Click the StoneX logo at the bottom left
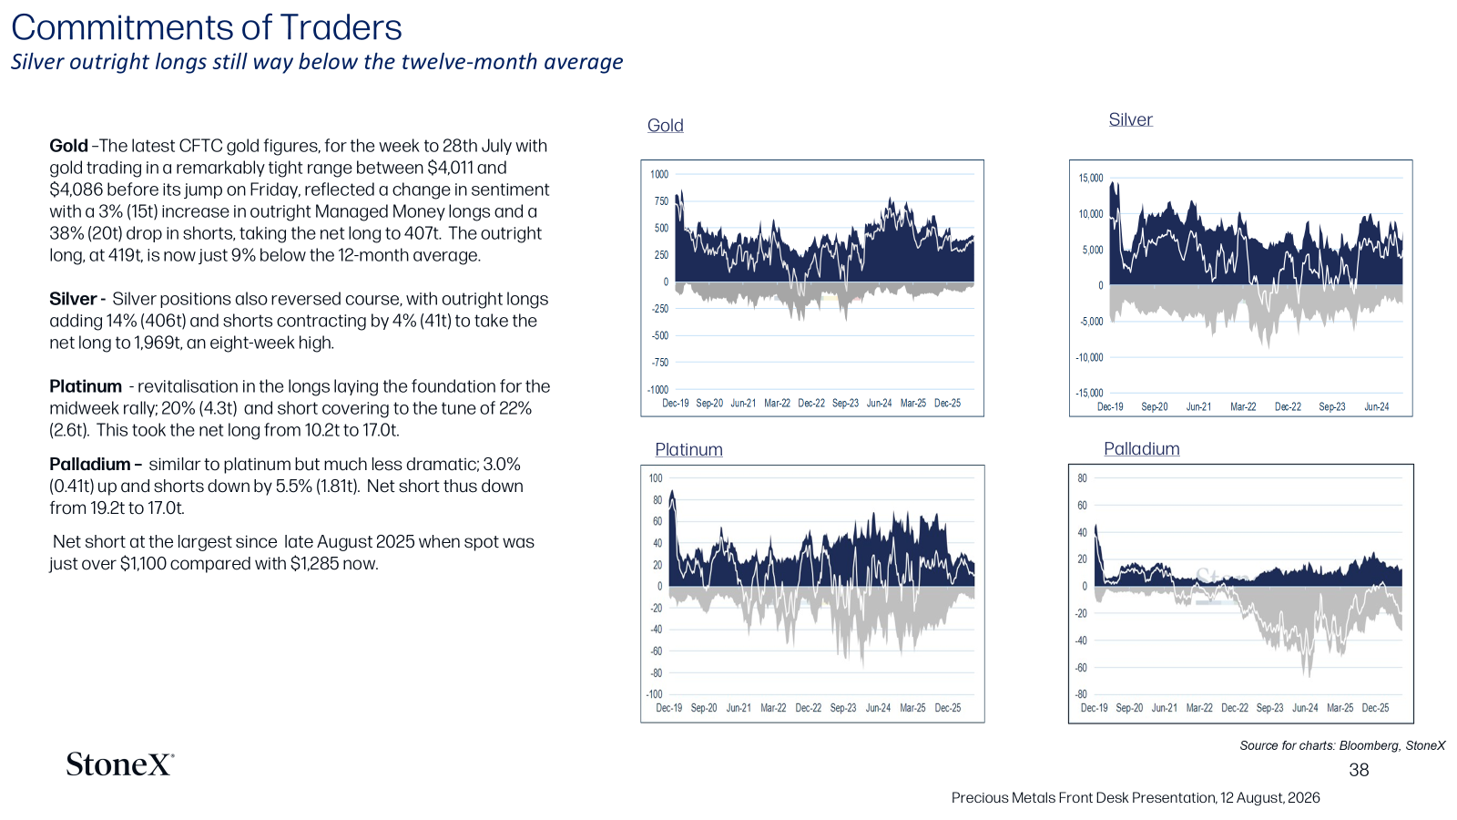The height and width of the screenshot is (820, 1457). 119,764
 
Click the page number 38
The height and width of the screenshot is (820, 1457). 1359,770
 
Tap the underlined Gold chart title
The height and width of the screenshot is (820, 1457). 665,125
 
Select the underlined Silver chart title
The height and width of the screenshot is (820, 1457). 1130,119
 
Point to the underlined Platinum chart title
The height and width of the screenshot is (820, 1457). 688,449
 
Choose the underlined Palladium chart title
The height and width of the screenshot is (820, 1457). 1142,448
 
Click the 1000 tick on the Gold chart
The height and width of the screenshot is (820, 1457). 659,174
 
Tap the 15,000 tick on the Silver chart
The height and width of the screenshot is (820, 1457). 1091,179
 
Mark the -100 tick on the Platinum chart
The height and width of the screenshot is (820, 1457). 655,694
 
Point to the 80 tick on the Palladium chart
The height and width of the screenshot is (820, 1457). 1082,478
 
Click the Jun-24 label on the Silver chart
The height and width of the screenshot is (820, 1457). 1376,406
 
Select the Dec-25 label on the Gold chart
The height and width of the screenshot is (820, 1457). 947,403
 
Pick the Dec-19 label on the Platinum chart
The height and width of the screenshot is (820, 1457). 668,707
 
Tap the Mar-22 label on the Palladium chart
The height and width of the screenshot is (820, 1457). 1199,707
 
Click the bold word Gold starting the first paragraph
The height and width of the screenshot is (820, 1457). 68,146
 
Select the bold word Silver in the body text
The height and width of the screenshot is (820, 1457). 73,299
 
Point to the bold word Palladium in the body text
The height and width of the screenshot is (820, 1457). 90,464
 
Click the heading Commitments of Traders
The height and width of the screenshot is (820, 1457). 206,27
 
